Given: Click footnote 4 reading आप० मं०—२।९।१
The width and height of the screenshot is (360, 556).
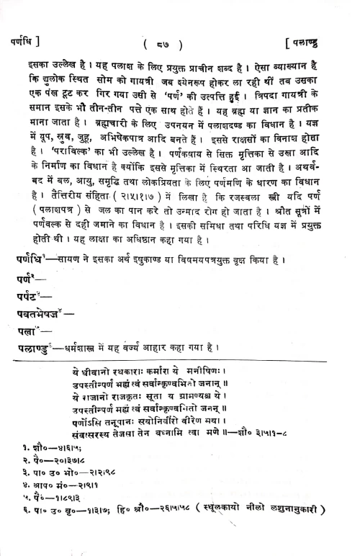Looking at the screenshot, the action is tap(60, 507).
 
